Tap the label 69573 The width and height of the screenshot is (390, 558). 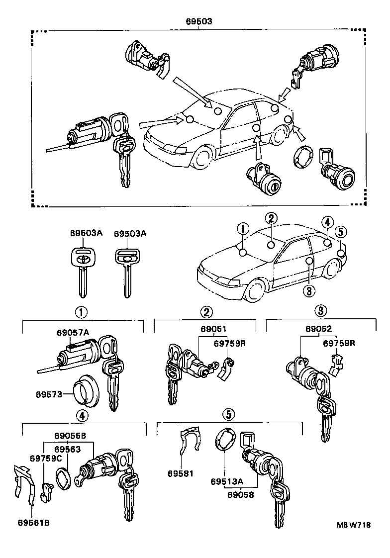[x=48, y=394]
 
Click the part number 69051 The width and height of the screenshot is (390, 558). [x=213, y=329]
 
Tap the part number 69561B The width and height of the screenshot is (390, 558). [x=33, y=523]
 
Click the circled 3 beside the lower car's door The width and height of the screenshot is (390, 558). [x=308, y=290]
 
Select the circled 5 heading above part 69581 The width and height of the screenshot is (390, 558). [x=227, y=414]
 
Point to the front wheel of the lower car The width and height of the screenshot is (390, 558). [x=255, y=291]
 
